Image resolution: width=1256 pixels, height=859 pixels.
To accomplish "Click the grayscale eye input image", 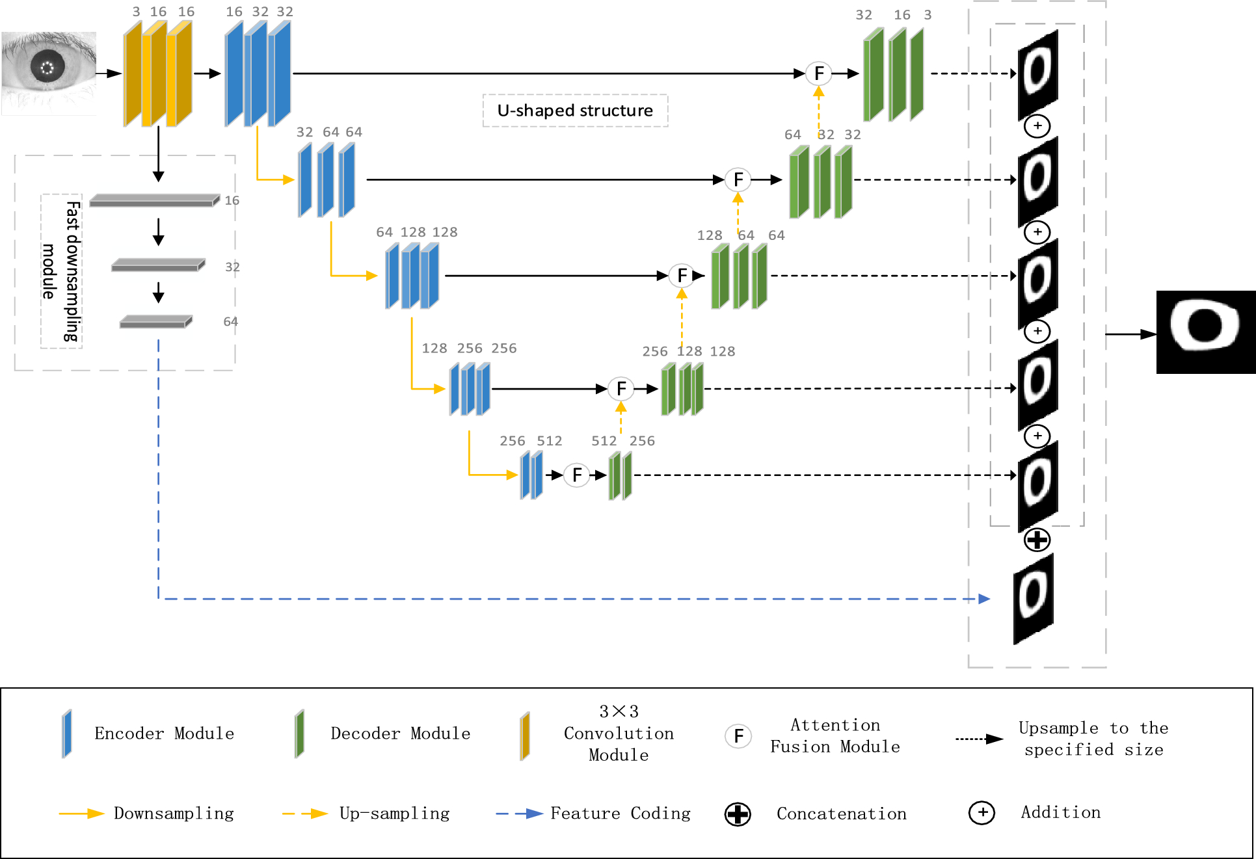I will [49, 73].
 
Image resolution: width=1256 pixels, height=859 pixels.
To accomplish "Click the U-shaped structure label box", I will [575, 111].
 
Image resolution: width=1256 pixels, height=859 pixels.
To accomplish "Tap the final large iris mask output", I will [1205, 332].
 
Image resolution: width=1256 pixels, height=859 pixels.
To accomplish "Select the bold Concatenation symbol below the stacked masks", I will [1037, 540].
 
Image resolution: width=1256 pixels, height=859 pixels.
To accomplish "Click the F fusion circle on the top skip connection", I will [819, 73].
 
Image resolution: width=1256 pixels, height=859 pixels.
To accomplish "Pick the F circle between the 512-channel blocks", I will [577, 475].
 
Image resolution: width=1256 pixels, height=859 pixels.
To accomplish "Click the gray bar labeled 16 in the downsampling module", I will [154, 201].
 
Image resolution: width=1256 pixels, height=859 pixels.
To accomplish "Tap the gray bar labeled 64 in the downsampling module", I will [155, 322].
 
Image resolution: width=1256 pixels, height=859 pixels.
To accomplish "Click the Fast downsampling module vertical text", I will [62, 271].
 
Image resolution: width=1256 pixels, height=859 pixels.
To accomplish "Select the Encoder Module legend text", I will [164, 733].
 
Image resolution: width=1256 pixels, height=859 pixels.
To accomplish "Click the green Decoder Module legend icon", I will [299, 734].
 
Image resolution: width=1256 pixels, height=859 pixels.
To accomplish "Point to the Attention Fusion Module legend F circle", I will [738, 736].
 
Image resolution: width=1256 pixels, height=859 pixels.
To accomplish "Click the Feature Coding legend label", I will [620, 813].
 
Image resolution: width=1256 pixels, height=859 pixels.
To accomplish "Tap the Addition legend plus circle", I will [982, 813].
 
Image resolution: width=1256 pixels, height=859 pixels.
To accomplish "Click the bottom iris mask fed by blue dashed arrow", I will [1033, 598].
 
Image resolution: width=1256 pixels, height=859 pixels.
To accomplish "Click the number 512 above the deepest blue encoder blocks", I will [549, 441].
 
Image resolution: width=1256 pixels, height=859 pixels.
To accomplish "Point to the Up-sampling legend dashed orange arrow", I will [304, 813].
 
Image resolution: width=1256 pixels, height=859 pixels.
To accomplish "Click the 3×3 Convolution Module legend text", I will [618, 733].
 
